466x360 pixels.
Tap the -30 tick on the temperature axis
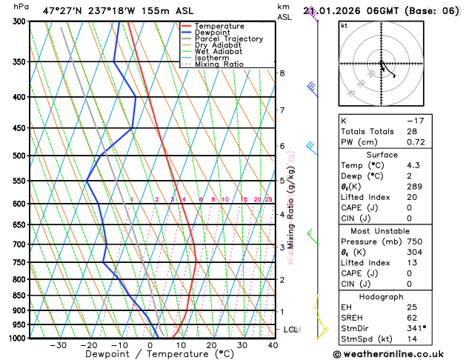tap(58, 345)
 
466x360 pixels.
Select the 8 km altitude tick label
tap(282, 73)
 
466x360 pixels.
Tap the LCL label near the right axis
tap(290, 329)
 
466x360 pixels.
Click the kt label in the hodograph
tap(344, 25)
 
